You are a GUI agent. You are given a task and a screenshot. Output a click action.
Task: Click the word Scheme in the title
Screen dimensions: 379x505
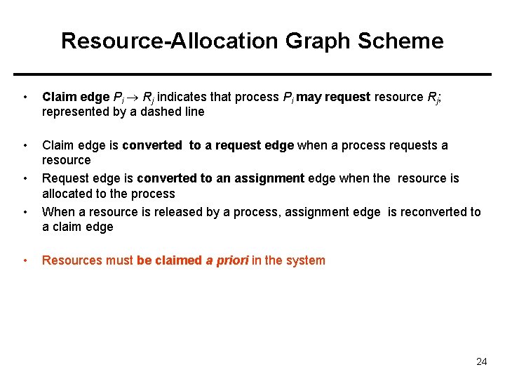(400, 41)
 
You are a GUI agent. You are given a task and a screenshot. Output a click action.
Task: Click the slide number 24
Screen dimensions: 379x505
(481, 362)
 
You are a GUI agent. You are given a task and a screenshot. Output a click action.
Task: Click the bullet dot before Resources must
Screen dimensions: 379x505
(25, 261)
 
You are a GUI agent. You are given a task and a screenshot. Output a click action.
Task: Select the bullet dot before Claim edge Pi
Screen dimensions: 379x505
(25, 98)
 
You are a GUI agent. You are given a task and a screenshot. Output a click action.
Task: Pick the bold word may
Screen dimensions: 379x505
(309, 97)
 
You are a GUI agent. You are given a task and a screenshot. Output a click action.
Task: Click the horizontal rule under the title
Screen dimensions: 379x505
(252, 74)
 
